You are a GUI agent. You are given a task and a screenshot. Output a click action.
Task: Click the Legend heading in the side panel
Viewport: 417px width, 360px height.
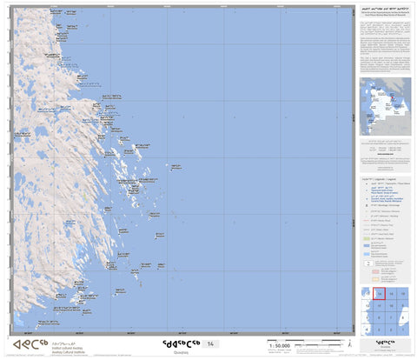(385, 177)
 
